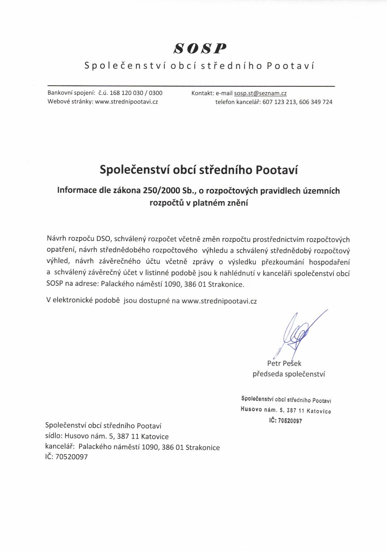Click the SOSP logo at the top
[x=200, y=48]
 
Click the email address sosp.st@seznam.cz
[x=260, y=93]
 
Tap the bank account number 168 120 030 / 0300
[x=136, y=93]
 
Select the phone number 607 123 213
[x=279, y=102]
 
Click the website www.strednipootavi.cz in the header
[x=127, y=102]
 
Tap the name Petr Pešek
[x=284, y=363]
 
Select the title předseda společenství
[x=289, y=374]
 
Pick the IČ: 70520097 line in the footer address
[x=66, y=457]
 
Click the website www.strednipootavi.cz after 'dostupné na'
[x=219, y=301]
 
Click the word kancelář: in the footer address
[x=60, y=447]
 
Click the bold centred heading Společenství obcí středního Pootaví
[x=199, y=170]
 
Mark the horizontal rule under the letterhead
[x=191, y=86]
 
